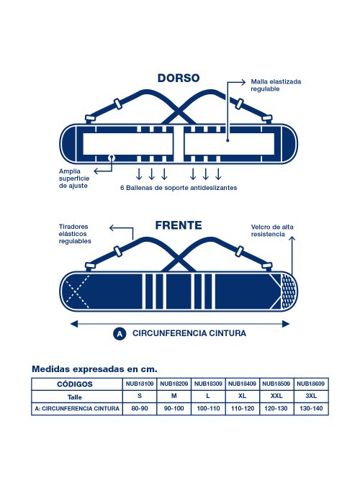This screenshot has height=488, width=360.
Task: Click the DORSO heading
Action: point(179,78)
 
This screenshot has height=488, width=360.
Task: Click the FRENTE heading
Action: point(179,225)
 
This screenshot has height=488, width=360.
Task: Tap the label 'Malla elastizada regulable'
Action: point(276,85)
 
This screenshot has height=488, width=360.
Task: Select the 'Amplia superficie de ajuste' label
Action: point(74,179)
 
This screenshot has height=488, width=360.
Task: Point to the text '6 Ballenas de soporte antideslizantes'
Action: point(179,188)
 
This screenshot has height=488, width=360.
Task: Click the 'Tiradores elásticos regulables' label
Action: point(75,234)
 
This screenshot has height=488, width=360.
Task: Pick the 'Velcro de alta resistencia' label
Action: point(272,230)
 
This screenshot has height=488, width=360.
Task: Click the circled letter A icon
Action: point(120,334)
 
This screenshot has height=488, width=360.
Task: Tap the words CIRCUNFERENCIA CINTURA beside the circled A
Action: point(189,333)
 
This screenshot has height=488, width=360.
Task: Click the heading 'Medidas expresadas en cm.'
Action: point(94,369)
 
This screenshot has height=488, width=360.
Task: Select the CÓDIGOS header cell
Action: point(75,384)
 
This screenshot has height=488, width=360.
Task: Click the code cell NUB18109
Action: point(140,384)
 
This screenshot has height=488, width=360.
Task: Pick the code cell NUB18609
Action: point(311,384)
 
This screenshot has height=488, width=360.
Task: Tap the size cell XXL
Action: point(276,396)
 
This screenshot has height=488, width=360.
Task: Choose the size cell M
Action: point(174,396)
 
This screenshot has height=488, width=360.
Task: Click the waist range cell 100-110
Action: point(208,408)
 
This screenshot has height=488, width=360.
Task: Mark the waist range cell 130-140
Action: point(311,408)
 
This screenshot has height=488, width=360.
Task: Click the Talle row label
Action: point(75,397)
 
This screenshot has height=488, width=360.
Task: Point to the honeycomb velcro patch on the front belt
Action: point(288,292)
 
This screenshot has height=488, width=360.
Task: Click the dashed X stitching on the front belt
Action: point(76,292)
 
